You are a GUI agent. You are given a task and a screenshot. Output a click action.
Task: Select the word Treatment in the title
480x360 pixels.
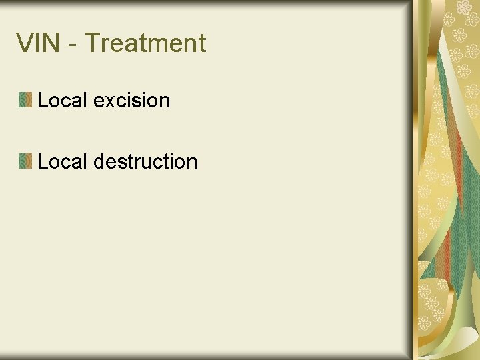[145, 43]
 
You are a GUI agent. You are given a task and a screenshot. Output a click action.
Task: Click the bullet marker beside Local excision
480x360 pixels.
[25, 101]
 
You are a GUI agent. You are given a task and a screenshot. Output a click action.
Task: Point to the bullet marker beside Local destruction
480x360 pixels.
[25, 161]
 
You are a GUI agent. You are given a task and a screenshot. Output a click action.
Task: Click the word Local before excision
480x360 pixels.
[63, 101]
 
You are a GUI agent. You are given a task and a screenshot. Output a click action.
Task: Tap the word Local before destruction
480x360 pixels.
[63, 161]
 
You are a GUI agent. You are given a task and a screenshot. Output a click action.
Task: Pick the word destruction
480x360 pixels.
[146, 161]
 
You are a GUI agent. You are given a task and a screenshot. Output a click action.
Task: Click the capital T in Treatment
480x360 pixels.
[93, 43]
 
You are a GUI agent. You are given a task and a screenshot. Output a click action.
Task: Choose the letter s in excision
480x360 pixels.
[139, 102]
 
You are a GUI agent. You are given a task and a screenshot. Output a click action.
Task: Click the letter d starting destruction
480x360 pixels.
[100, 161]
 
